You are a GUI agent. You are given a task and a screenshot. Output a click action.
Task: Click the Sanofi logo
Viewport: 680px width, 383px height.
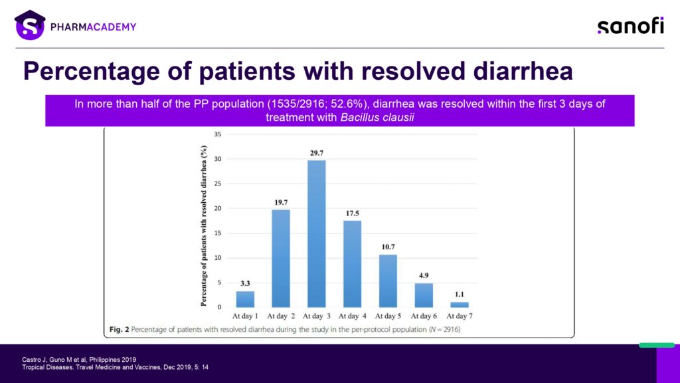631,26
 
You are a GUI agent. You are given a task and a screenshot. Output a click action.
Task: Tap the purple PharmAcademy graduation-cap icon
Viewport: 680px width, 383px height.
30,25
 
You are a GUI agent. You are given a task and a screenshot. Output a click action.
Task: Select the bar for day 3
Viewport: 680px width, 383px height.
317,234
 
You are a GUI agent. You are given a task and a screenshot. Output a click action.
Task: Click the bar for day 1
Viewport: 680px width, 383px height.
245,299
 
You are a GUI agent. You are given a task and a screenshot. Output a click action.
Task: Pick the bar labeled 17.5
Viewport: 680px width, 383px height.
352,264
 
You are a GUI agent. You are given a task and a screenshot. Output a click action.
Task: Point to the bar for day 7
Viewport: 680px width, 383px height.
460,305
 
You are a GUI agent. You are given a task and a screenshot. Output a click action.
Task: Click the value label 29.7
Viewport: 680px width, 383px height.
317,154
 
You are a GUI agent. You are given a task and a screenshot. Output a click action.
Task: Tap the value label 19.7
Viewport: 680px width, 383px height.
281,202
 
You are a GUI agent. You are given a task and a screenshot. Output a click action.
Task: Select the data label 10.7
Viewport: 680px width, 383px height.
388,247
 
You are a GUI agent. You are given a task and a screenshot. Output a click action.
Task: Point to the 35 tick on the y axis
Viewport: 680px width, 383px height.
218,134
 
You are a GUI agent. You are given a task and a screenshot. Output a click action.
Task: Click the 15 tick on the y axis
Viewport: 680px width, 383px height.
218,233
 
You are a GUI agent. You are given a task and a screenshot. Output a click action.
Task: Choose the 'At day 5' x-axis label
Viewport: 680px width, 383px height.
388,316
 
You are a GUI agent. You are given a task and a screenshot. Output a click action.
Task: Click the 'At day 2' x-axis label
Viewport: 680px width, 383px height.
281,316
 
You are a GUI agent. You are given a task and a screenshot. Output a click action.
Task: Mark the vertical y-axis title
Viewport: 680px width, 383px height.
203,226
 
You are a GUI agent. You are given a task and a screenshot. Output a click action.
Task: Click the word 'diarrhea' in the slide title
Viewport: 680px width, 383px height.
523,70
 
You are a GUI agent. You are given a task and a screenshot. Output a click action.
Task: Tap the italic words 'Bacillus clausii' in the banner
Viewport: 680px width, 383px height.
377,118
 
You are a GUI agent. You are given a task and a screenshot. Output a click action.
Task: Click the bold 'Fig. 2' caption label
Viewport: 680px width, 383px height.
120,330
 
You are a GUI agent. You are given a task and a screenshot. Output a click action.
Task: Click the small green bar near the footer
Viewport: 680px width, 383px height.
657,345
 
